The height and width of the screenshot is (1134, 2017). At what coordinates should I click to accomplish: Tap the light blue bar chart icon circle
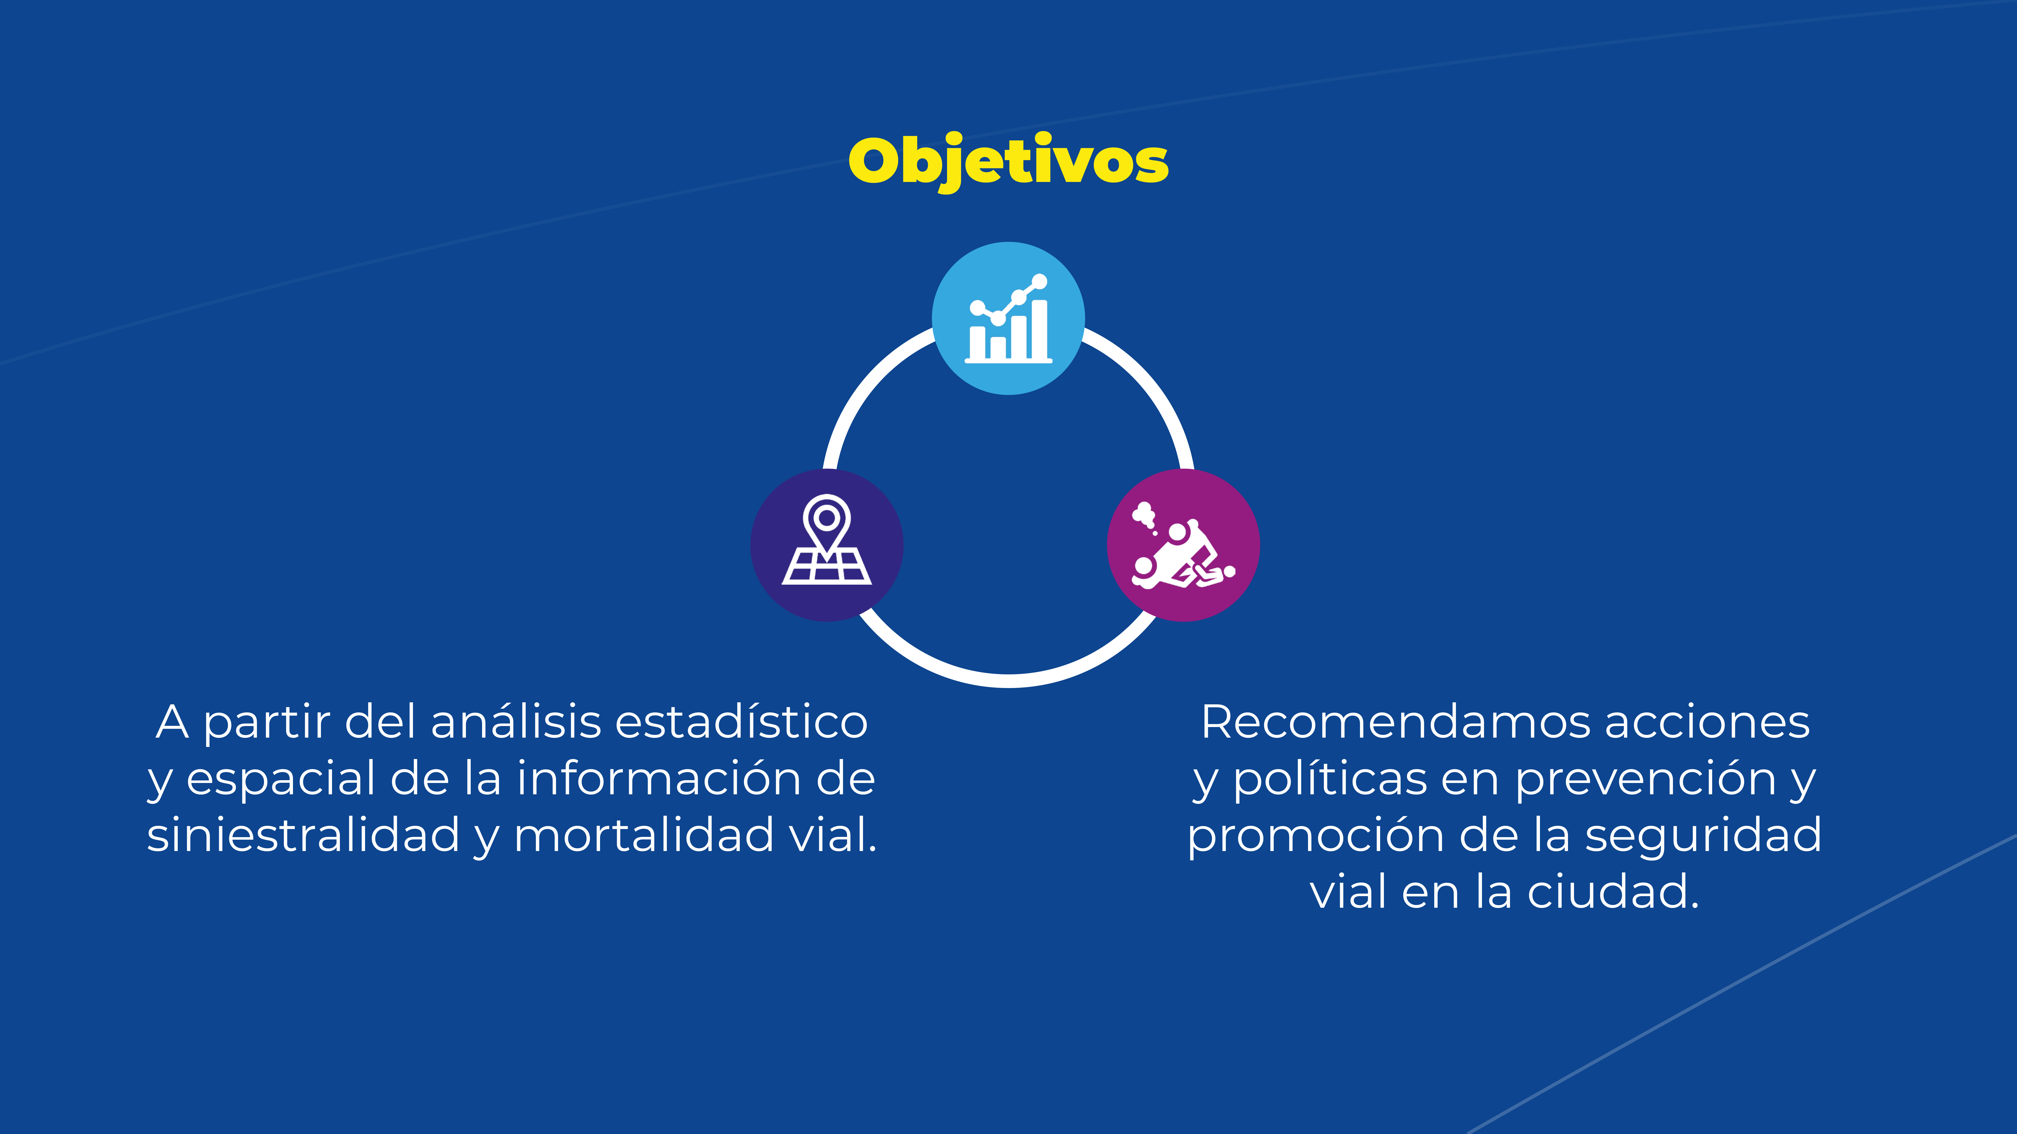point(1008,319)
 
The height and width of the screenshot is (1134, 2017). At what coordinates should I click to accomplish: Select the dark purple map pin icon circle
point(827,546)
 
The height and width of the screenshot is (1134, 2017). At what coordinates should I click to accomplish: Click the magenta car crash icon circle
point(1183,546)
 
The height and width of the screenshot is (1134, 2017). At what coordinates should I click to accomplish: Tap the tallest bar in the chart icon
point(1040,329)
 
